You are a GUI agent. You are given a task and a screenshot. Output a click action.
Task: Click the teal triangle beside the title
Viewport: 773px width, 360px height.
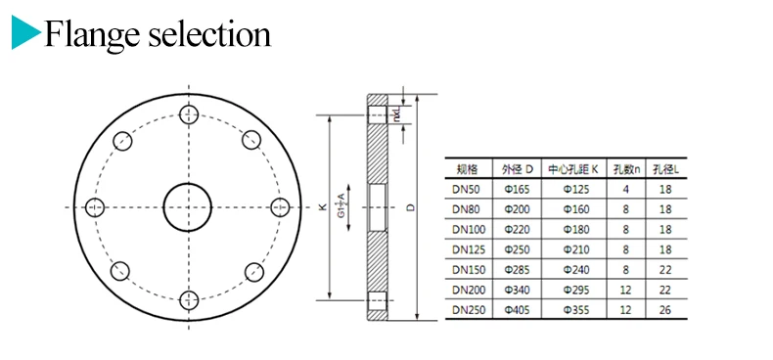click(23, 32)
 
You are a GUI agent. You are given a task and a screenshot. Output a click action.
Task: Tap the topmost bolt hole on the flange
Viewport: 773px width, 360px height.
click(189, 114)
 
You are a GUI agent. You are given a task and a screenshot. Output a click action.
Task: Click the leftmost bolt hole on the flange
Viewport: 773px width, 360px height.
click(95, 207)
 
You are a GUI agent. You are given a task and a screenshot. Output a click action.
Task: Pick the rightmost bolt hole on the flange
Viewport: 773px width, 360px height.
click(281, 207)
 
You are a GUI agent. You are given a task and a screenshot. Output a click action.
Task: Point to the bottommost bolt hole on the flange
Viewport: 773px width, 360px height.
click(189, 299)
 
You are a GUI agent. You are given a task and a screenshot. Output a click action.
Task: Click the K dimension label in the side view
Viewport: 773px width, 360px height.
click(323, 207)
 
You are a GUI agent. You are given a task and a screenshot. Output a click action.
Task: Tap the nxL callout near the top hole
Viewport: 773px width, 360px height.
click(397, 114)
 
